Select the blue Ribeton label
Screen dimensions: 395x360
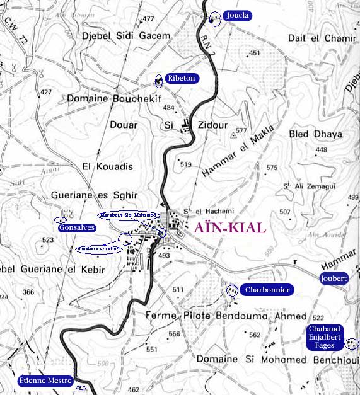[x=182, y=79]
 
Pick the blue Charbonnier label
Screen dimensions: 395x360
[x=267, y=290]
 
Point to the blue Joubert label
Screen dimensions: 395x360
[x=334, y=278]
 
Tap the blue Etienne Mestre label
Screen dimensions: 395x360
[x=45, y=381]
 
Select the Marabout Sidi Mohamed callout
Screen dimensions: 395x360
[x=129, y=215]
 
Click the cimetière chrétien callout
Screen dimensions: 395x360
[x=98, y=249]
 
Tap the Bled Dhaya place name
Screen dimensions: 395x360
[x=315, y=134]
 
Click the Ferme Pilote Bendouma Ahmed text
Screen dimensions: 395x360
[x=226, y=316]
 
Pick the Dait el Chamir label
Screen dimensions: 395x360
[x=322, y=38]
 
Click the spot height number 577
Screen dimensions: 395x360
[x=240, y=131]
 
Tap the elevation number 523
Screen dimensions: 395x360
[x=47, y=241]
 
